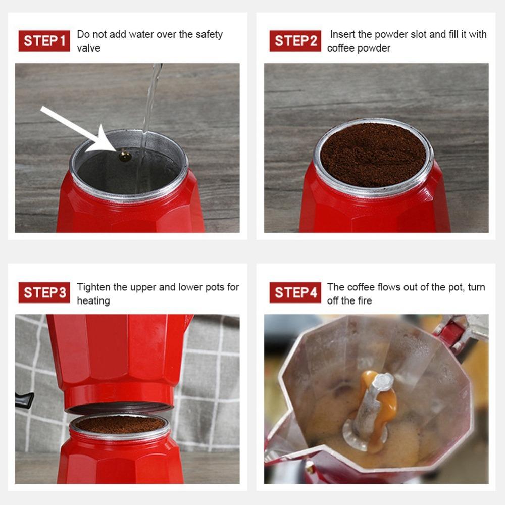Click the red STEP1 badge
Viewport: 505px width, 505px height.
pyautogui.click(x=44, y=40)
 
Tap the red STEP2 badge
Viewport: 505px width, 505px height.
pyautogui.click(x=295, y=40)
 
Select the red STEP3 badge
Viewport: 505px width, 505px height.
pyautogui.click(x=44, y=292)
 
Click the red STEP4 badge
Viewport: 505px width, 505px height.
pyautogui.click(x=295, y=292)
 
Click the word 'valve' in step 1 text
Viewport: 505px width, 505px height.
pyautogui.click(x=88, y=48)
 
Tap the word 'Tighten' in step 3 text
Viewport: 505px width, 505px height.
pyautogui.click(x=94, y=287)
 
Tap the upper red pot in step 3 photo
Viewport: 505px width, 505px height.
pyautogui.click(x=119, y=348)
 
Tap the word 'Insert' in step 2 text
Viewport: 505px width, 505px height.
pyautogui.click(x=342, y=35)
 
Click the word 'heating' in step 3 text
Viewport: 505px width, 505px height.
pyautogui.click(x=93, y=301)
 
